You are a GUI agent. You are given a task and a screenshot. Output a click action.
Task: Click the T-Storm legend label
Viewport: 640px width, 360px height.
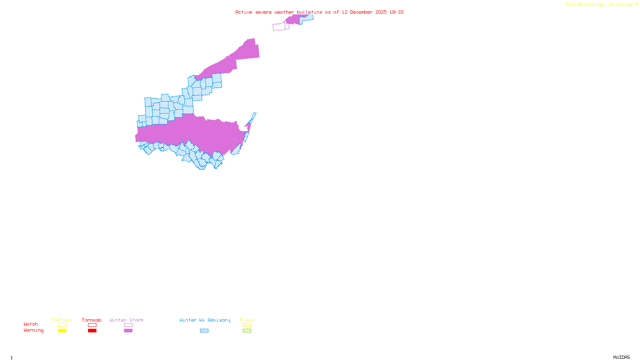tap(62, 320)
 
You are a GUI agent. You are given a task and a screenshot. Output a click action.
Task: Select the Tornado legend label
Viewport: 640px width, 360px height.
tap(92, 320)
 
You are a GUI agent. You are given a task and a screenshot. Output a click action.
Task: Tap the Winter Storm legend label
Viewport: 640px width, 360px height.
tap(126, 320)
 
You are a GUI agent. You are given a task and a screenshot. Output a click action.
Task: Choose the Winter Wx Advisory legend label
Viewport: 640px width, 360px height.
tap(205, 320)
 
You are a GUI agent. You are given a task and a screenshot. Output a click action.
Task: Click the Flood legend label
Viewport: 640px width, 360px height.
tap(247, 320)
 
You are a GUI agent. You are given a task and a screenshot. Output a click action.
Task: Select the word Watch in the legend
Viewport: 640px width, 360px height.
tap(31, 324)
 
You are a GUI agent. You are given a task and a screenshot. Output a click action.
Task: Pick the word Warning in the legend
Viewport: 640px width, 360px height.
tap(34, 330)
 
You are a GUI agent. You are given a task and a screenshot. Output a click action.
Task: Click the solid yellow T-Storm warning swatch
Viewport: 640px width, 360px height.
tap(62, 331)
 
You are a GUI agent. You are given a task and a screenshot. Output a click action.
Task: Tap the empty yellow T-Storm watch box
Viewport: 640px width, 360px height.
tap(62, 325)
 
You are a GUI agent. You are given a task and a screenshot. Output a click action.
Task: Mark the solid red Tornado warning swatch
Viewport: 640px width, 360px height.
tap(92, 331)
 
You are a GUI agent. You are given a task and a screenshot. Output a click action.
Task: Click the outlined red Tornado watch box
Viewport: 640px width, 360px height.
tap(92, 325)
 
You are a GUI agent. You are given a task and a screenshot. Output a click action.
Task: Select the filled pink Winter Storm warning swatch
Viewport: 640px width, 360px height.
tap(128, 331)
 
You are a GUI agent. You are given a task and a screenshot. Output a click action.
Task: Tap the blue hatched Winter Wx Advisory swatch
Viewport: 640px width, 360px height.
tap(204, 331)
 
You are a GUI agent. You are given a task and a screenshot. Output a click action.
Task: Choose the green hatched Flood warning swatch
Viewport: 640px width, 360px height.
tap(247, 331)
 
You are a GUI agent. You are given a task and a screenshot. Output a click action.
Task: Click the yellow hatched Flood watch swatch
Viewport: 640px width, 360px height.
tap(247, 325)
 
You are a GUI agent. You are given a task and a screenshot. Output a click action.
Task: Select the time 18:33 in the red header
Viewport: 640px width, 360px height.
tap(396, 12)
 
